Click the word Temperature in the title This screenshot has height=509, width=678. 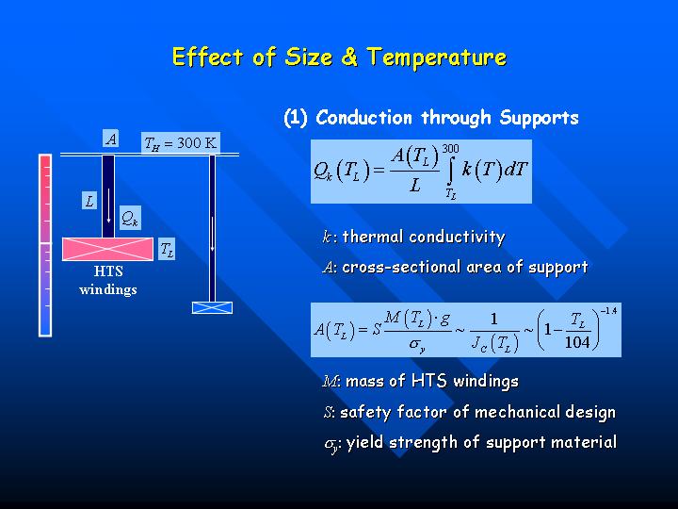pyautogui.click(x=437, y=57)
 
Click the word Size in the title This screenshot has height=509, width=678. pyautogui.click(x=308, y=57)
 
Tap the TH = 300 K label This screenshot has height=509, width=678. pyautogui.click(x=181, y=143)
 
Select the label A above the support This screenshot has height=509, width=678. pyautogui.click(x=111, y=139)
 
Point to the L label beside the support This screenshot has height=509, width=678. pyautogui.click(x=89, y=201)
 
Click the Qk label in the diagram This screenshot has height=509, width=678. pyautogui.click(x=130, y=218)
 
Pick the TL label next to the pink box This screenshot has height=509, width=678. pyautogui.click(x=167, y=249)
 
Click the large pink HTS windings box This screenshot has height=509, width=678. pyautogui.click(x=108, y=249)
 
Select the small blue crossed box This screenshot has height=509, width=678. pyautogui.click(x=212, y=307)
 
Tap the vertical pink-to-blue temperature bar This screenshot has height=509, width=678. pyautogui.click(x=45, y=245)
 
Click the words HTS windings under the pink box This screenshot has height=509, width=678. pyautogui.click(x=108, y=280)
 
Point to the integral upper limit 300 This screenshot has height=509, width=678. pyautogui.click(x=450, y=149)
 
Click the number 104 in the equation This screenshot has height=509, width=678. pyautogui.click(x=577, y=342)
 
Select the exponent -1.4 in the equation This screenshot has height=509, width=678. pyautogui.click(x=609, y=311)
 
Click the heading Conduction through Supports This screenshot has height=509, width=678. pyautogui.click(x=447, y=117)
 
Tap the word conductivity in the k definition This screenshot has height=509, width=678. pyautogui.click(x=457, y=237)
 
